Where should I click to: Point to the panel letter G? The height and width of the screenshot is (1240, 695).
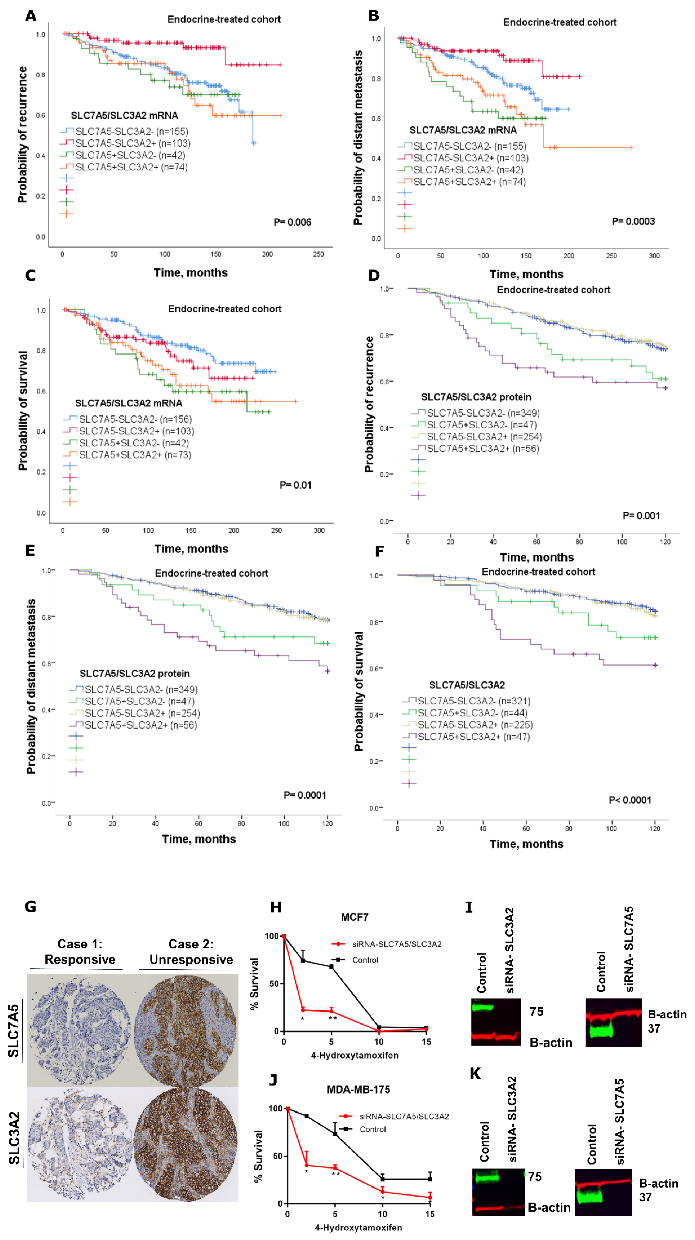click(30, 907)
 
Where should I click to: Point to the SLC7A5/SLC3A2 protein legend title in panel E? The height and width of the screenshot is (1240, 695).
click(135, 674)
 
